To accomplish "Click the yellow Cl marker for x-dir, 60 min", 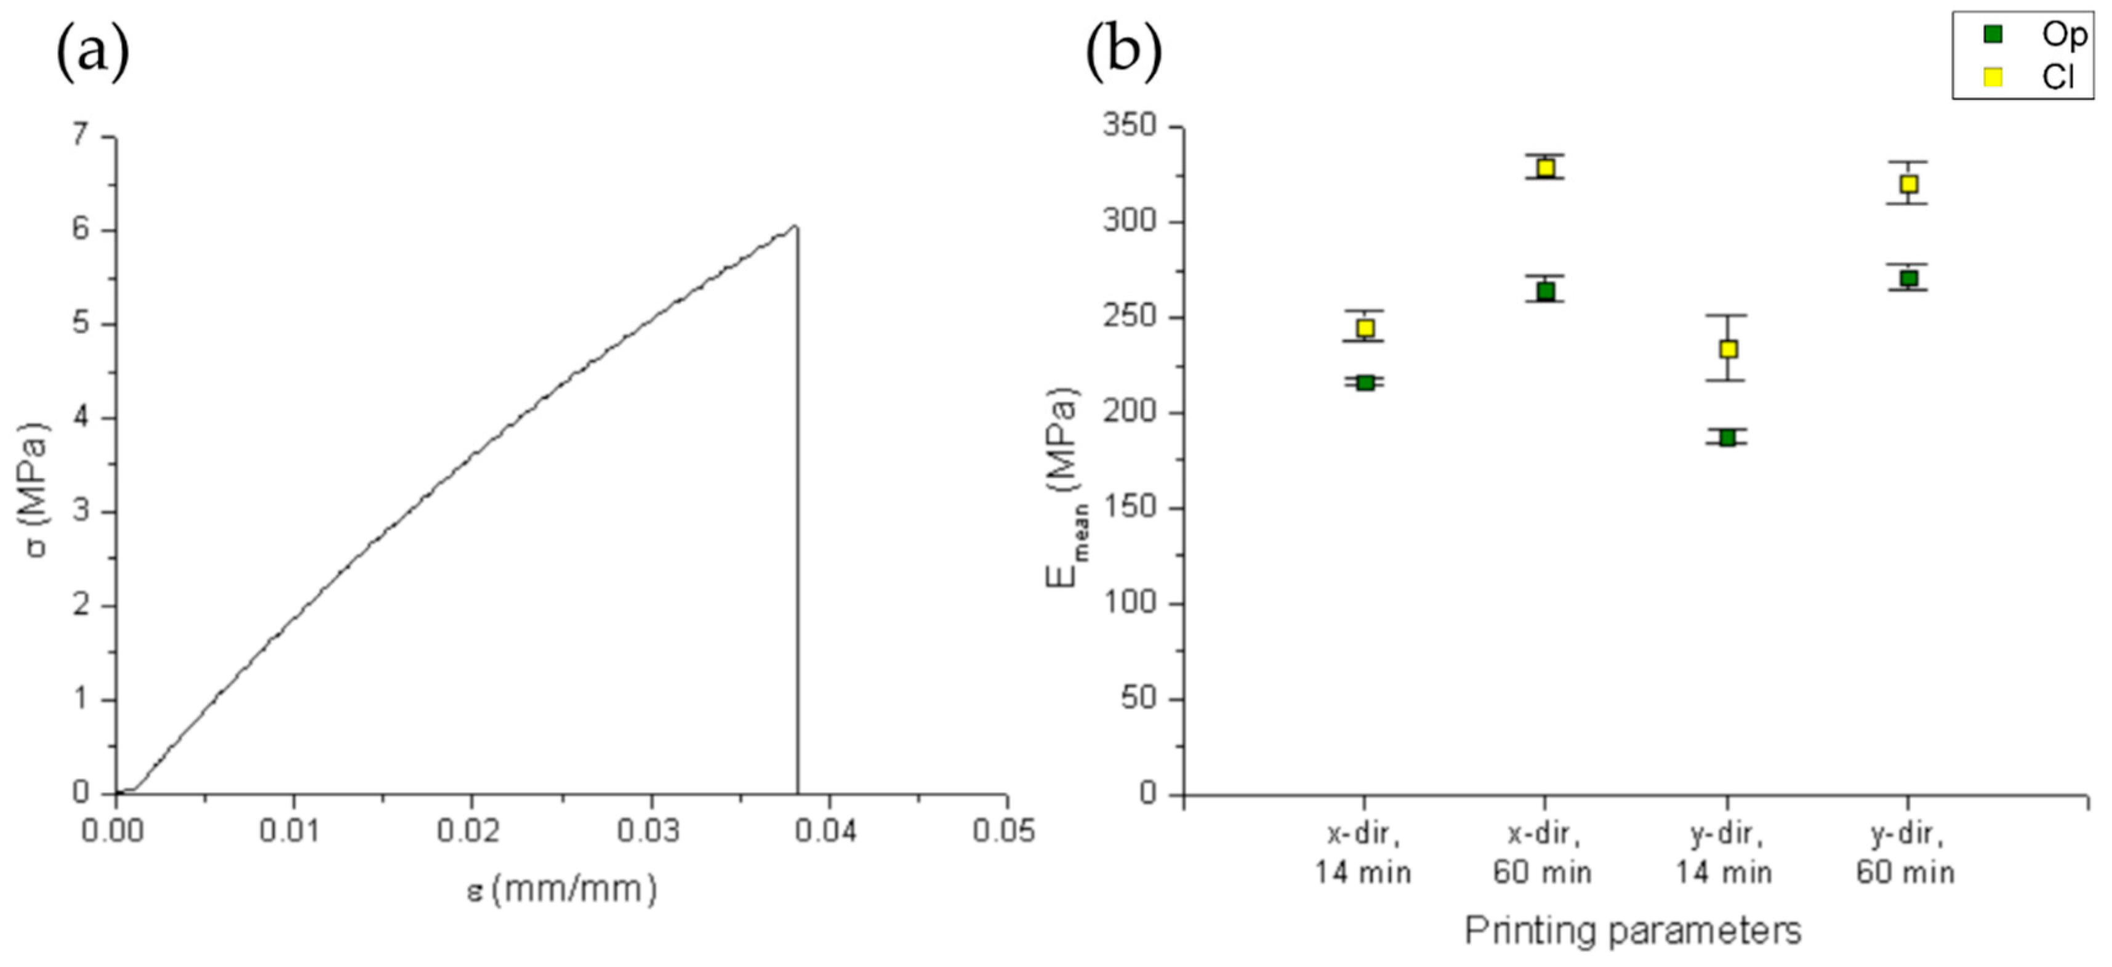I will pos(1546,168).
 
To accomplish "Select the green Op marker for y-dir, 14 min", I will pos(1727,437).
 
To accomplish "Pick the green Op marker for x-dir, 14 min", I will pos(1365,382).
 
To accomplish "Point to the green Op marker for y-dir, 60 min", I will pos(1909,278).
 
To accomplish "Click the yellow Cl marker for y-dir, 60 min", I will pos(1909,183).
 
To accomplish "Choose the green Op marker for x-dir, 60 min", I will pos(1546,290).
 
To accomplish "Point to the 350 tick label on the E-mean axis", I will pos(1129,126).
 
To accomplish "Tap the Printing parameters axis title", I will pos(1633,930).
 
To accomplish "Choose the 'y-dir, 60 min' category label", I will pos(1906,853).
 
